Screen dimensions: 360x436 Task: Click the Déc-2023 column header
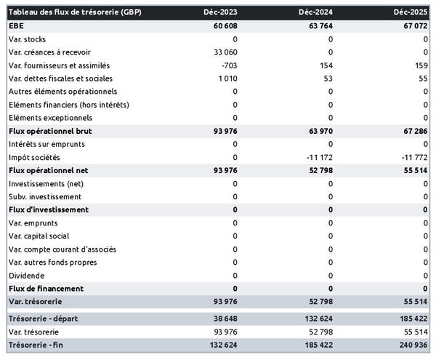click(220, 12)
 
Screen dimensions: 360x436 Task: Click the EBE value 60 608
click(223, 25)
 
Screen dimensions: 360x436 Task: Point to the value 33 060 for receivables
click(223, 52)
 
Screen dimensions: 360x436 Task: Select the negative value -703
click(227, 65)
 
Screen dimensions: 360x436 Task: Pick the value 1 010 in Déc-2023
click(225, 79)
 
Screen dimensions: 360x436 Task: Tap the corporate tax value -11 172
click(316, 157)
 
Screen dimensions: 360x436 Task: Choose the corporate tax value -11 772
click(412, 157)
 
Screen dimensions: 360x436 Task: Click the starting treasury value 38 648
click(223, 319)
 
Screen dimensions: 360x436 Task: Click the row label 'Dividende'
click(27, 276)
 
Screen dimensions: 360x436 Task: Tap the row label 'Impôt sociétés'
click(34, 157)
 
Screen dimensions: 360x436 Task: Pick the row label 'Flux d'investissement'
click(48, 209)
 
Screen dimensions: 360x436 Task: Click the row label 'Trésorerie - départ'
click(46, 319)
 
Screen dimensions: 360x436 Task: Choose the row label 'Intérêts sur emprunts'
click(47, 144)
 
